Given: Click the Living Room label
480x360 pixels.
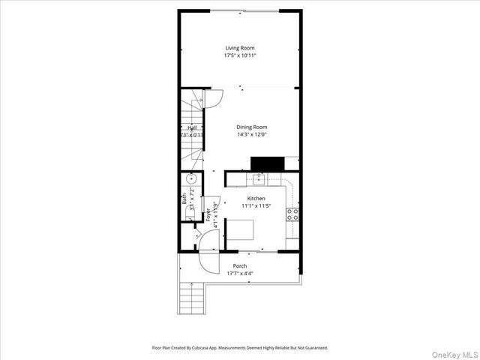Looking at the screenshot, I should pyautogui.click(x=239, y=48).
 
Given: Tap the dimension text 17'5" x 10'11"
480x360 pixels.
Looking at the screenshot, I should pyautogui.click(x=239, y=55).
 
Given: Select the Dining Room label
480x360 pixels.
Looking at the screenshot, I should pyautogui.click(x=252, y=127).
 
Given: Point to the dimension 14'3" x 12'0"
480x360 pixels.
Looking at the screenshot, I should pyautogui.click(x=252, y=135).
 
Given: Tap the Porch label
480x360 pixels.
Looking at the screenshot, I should pyautogui.click(x=239, y=266).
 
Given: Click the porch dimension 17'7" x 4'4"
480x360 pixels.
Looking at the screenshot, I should pyautogui.click(x=239, y=274).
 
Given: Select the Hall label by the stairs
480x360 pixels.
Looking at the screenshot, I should pyautogui.click(x=193, y=128).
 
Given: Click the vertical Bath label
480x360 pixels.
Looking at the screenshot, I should pyautogui.click(x=184, y=199).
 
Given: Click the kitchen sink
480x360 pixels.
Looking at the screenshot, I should pyautogui.click(x=258, y=178).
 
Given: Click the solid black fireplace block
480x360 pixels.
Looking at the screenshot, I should pyautogui.click(x=266, y=163).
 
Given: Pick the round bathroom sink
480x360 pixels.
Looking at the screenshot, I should pyautogui.click(x=192, y=178).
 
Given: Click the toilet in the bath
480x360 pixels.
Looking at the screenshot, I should pyautogui.click(x=187, y=215).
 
